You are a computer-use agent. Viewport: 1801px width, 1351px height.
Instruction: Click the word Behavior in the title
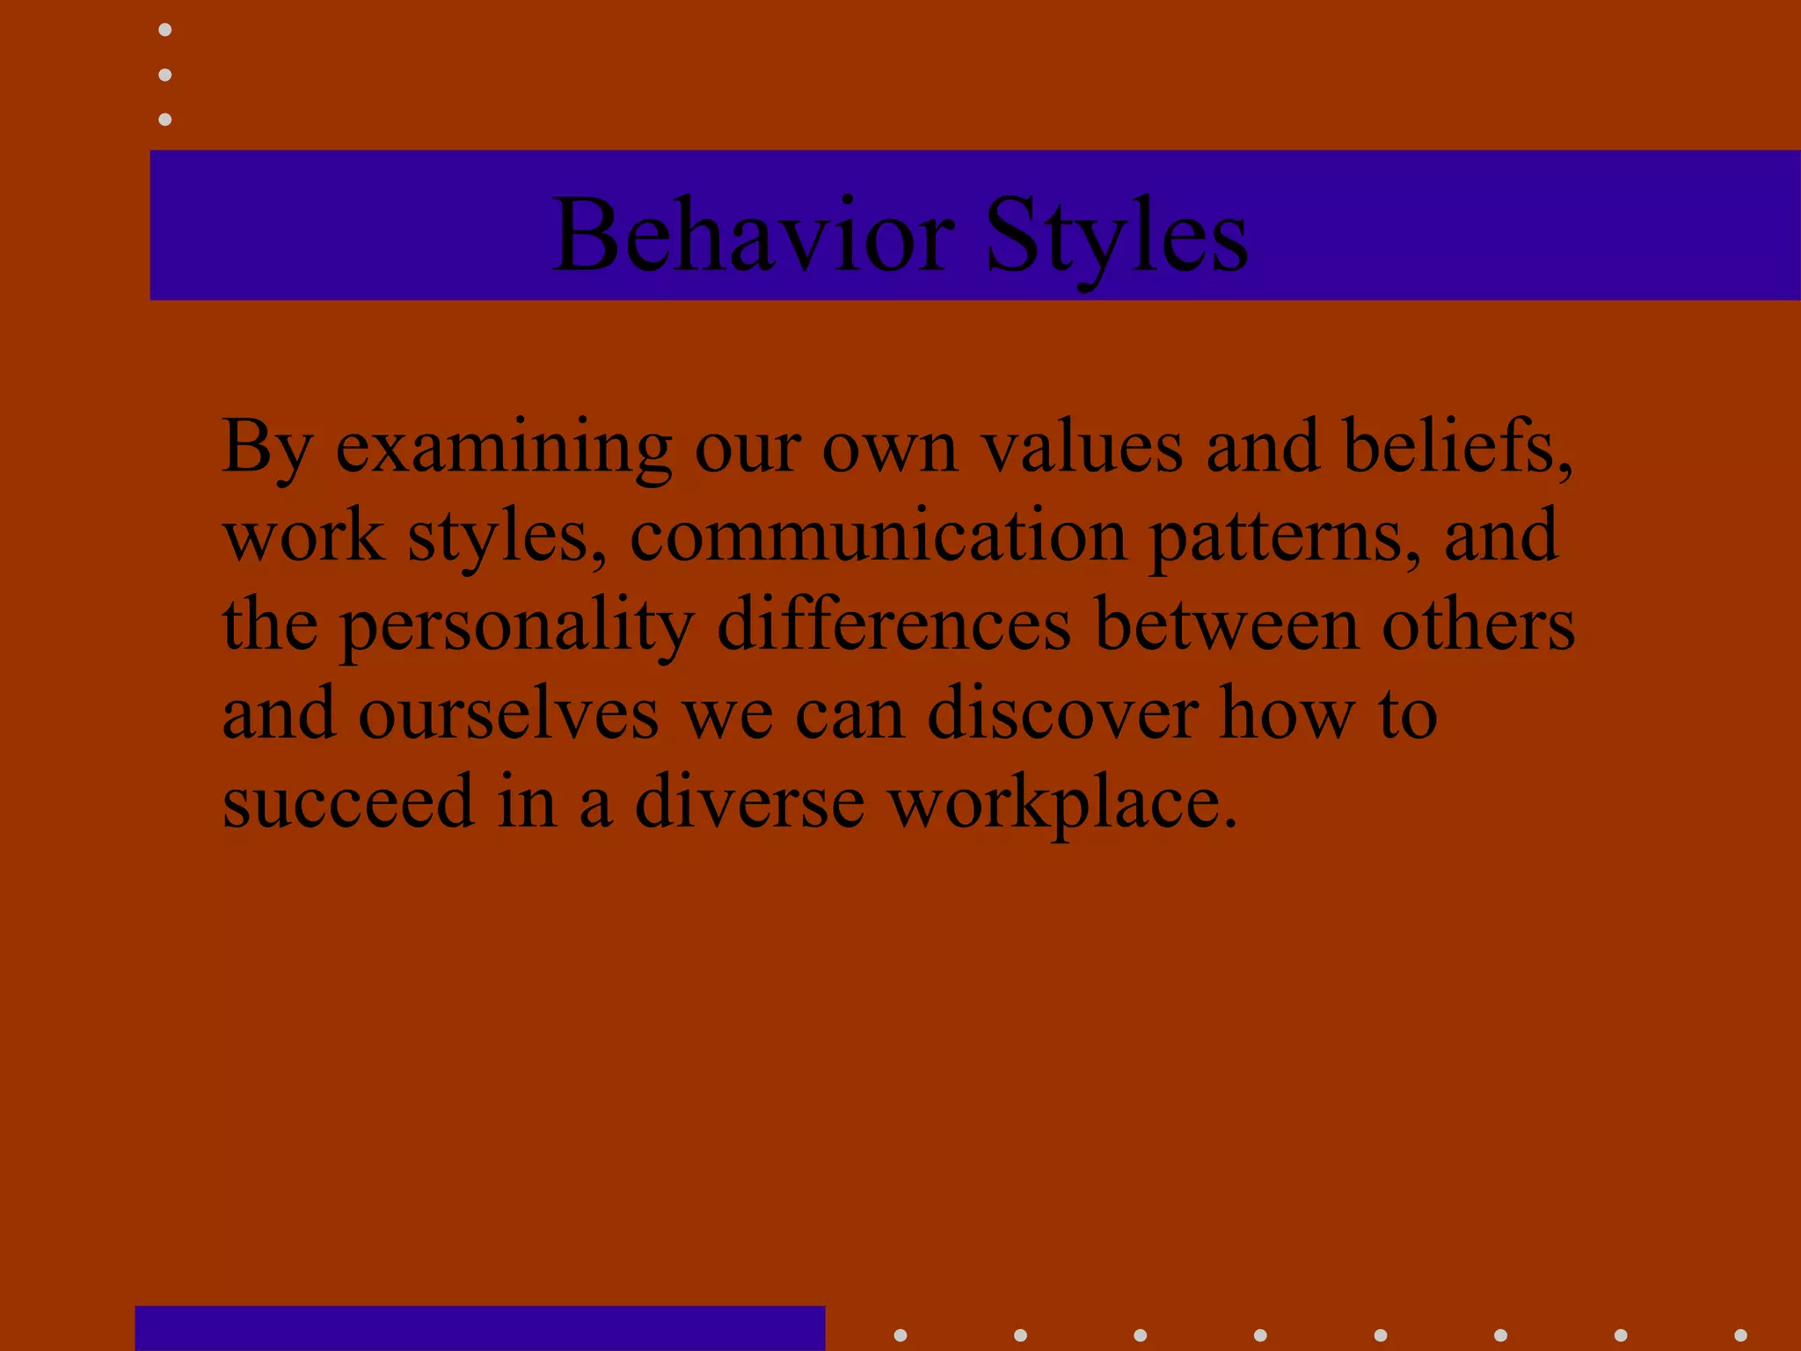[753, 236]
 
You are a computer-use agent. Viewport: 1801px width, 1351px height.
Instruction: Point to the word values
[1082, 447]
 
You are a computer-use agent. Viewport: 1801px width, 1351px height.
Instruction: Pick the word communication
[878, 537]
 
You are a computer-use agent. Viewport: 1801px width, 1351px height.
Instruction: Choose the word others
[1478, 624]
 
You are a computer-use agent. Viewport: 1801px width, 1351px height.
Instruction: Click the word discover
[1062, 712]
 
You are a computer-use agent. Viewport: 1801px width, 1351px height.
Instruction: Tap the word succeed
[348, 802]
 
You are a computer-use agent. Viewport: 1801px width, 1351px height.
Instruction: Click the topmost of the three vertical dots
[164, 30]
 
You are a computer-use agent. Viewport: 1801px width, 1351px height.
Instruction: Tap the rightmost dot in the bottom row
[1740, 1335]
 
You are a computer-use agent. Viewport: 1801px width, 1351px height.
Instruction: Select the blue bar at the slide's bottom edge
[480, 1328]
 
